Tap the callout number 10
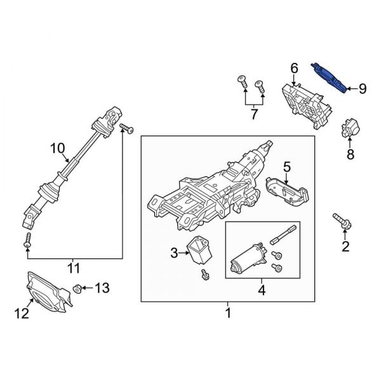58,149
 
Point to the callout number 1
227,312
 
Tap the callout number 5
286,168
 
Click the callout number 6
294,68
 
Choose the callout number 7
254,115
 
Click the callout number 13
102,288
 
